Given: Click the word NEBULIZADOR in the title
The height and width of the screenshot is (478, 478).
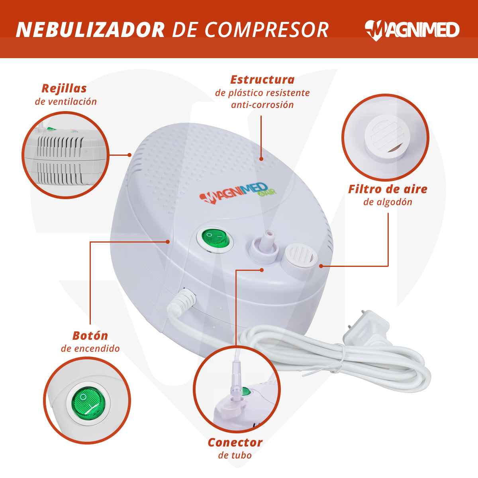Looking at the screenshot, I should [90, 30].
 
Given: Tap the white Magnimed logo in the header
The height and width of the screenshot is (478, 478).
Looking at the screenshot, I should [412, 30].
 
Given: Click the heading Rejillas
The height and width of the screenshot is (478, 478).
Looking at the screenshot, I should [64, 88].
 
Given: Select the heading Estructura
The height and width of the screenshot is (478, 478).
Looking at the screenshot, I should [263, 80].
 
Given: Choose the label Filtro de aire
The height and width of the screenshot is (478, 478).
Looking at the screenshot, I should [388, 189].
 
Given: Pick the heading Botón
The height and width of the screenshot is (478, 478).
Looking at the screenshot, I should [90, 335].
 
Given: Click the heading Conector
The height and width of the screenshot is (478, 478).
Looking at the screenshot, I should [235, 442].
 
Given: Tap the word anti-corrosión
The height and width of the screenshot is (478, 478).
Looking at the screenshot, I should [263, 105].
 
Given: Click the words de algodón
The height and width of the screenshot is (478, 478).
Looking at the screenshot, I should [388, 202].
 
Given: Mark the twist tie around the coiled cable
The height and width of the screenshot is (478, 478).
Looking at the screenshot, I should [341, 357].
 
